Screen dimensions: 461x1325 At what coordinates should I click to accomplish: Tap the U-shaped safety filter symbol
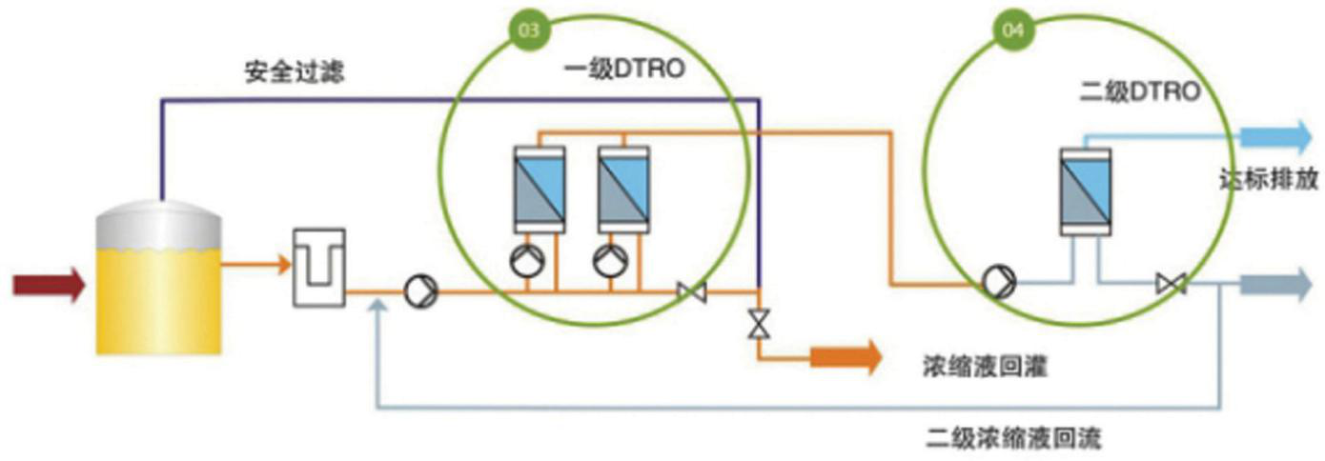317,267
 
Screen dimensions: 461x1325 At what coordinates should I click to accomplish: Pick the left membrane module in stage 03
539,189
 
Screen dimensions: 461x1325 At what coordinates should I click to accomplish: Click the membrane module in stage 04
1086,190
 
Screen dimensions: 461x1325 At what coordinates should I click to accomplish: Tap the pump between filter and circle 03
419,291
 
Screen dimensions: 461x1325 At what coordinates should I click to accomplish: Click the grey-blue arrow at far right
1276,284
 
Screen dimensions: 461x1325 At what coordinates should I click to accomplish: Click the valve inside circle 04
1170,284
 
